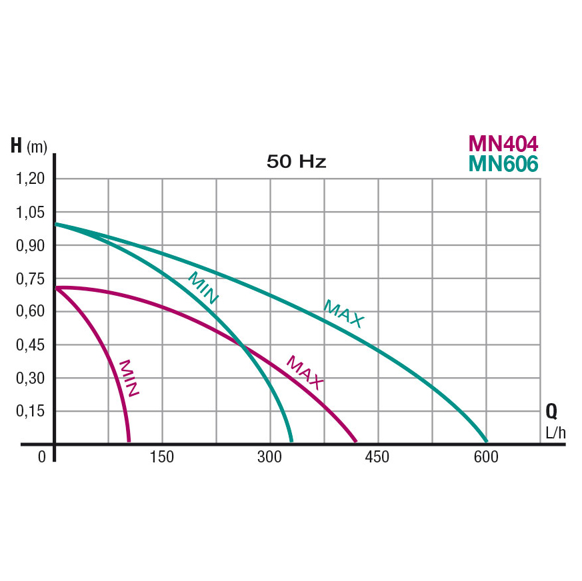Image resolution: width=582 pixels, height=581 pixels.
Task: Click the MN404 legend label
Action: click(x=503, y=143)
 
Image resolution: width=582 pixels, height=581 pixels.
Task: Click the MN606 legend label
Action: click(x=503, y=163)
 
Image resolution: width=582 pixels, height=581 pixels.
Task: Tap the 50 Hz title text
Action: click(x=296, y=162)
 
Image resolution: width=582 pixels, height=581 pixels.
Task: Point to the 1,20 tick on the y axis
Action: click(x=30, y=179)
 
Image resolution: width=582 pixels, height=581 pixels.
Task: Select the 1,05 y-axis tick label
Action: click(x=30, y=212)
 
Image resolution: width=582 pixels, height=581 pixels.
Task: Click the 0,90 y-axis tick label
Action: click(x=30, y=245)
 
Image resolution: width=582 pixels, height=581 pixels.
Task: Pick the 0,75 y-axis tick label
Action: click(x=30, y=279)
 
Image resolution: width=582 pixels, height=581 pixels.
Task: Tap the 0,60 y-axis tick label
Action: click(x=30, y=312)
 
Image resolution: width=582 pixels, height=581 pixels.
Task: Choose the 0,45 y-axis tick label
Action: click(x=30, y=345)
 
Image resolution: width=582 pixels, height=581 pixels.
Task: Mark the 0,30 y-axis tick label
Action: click(x=30, y=378)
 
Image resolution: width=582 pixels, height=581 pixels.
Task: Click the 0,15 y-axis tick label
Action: click(x=30, y=411)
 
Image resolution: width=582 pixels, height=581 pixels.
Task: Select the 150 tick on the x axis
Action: click(x=162, y=457)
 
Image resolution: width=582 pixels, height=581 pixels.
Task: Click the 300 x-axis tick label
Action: click(x=270, y=457)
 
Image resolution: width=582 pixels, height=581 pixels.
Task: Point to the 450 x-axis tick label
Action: click(x=378, y=457)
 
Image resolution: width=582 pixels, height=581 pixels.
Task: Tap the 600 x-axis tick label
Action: click(x=486, y=457)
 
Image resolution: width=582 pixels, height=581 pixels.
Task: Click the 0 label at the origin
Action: click(x=42, y=457)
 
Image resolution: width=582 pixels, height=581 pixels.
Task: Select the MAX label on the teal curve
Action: click(x=344, y=314)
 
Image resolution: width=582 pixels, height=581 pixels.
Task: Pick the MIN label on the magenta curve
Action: click(x=129, y=378)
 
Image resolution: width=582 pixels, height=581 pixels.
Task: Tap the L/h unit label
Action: click(x=555, y=432)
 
